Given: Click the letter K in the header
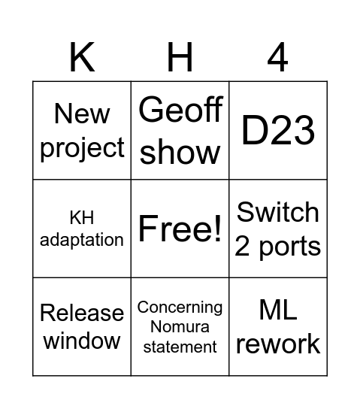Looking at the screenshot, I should point(82,57).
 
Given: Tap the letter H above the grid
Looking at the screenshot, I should point(180,57).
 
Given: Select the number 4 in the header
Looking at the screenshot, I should point(277,57).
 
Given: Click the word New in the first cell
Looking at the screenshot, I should point(82,114).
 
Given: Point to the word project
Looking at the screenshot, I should point(82,148).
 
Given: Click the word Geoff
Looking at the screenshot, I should point(180,111).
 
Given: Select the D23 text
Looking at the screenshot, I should point(277,131).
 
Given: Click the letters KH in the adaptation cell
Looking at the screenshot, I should point(82,219).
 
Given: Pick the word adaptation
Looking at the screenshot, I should point(82,240).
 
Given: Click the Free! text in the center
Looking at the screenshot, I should point(180,229).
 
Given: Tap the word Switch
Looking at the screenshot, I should point(277,212).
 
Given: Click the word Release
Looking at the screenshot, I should point(82,313).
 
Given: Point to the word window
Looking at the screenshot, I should point(82,341).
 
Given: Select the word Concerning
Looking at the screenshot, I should point(180,308).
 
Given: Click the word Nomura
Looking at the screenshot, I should point(180,327).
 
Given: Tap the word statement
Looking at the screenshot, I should point(180,347).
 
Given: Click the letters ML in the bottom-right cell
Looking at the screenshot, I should point(277,309).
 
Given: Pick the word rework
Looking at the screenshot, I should point(277,344).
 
